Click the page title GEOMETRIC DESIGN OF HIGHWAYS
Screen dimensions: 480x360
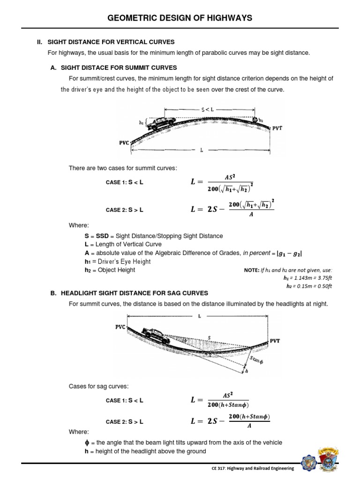coord(180,18)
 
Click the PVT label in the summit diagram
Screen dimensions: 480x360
coord(277,127)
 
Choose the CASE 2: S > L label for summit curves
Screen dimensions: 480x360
coord(124,210)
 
